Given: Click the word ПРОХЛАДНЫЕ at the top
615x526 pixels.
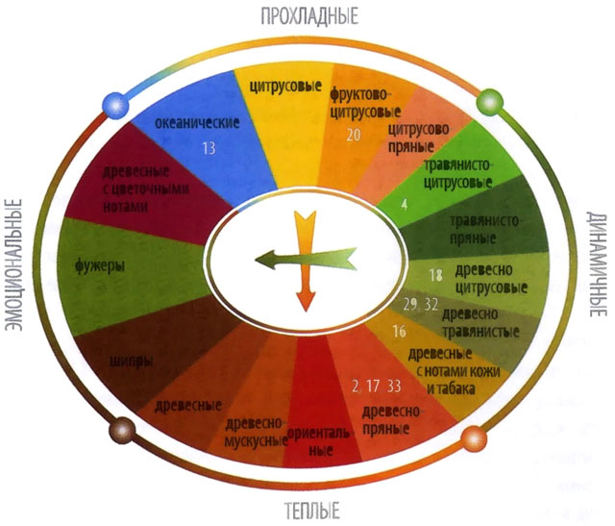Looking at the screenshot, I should pos(308,16).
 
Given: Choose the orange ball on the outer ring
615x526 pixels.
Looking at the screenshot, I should pos(473,438).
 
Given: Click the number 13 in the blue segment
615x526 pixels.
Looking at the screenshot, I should pos(210,149).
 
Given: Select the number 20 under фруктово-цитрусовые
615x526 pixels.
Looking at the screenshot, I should pos(354,135).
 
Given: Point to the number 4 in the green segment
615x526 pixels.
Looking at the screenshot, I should pos(405,204).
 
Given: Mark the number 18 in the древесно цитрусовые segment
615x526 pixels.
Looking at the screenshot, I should pos(435,275).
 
